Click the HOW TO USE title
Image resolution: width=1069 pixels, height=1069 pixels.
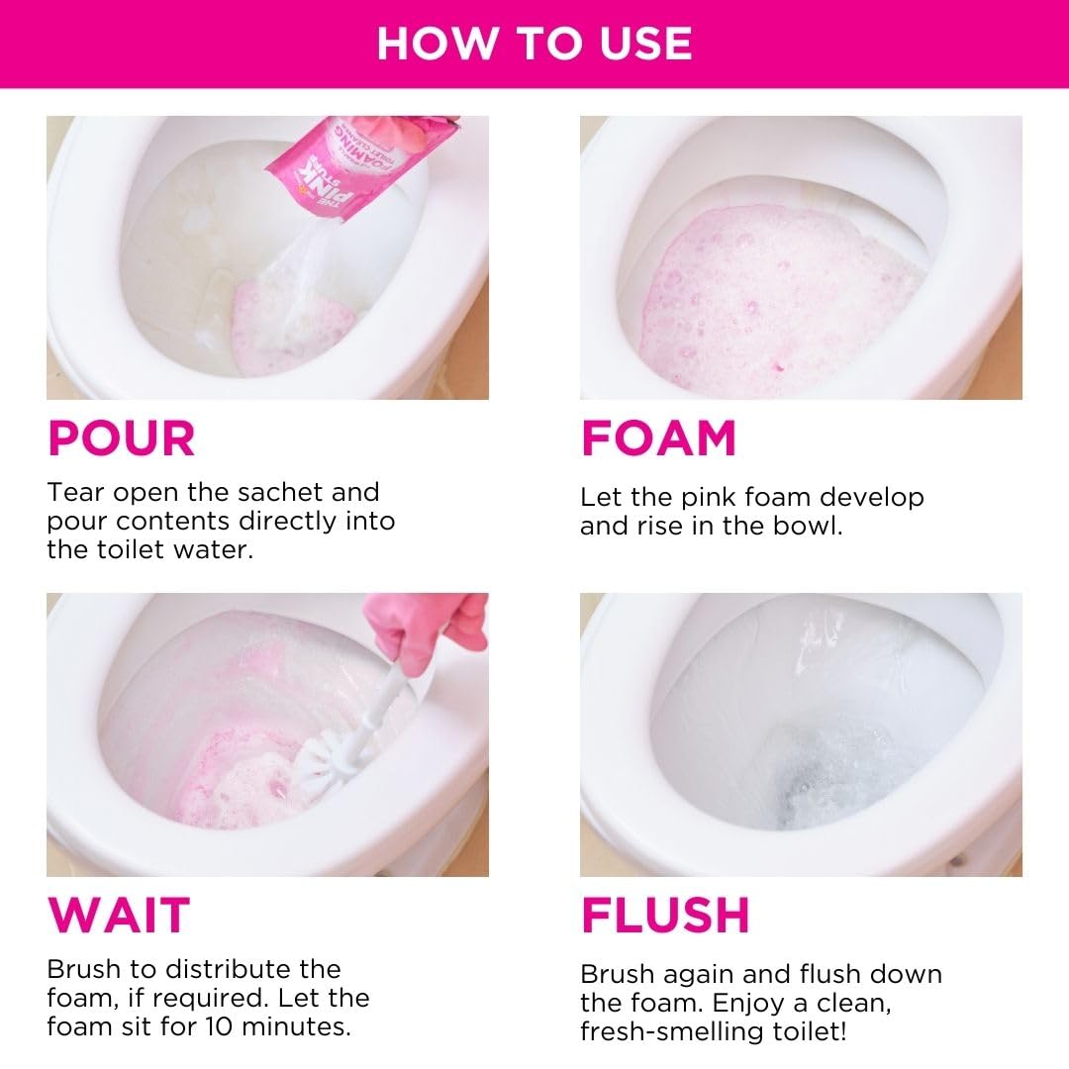point(534,44)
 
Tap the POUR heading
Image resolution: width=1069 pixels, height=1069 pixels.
point(122,438)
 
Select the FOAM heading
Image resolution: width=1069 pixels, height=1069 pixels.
point(658,438)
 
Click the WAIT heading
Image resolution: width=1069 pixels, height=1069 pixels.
point(119,915)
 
